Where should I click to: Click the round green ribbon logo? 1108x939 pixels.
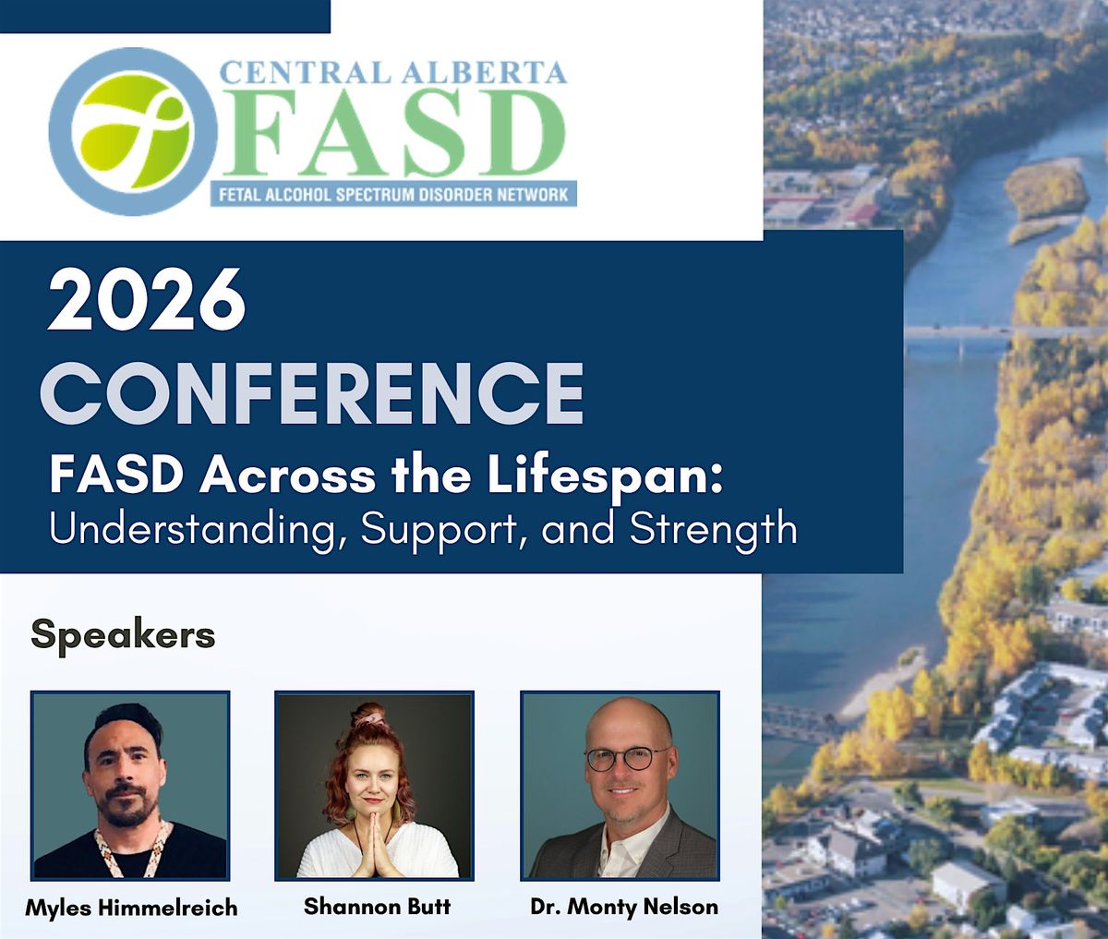[133, 132]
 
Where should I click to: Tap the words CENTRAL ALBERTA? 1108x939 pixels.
[393, 72]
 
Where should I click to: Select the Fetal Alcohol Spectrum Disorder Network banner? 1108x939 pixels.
[393, 194]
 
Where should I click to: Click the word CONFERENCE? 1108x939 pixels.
[312, 393]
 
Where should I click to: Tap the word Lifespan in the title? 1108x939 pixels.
[605, 477]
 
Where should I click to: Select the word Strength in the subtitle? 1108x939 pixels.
[714, 530]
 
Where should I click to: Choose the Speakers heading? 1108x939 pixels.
[124, 636]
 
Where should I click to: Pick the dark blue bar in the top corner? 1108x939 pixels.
[165, 17]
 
